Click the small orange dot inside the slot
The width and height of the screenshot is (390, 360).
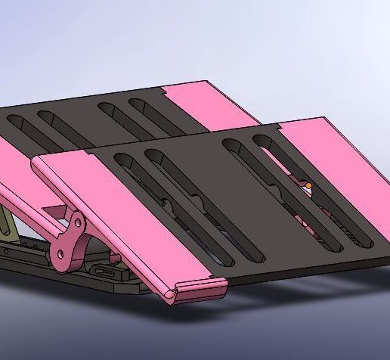(x=308, y=185)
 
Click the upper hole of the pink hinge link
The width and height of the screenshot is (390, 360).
(x=77, y=222)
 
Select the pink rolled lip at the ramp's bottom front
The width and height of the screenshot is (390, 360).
(x=200, y=287)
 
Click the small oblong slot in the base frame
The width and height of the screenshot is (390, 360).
(x=107, y=271)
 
